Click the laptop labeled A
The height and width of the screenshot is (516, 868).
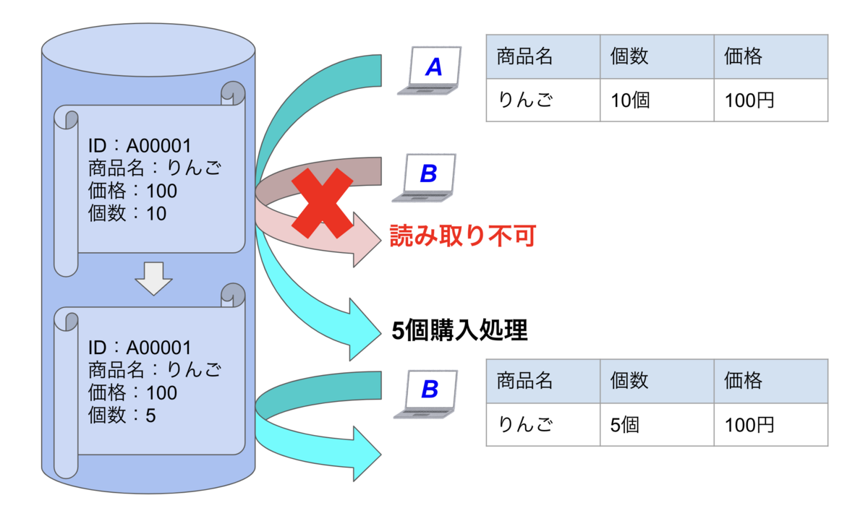coord(429,71)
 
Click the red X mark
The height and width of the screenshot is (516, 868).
coord(322,202)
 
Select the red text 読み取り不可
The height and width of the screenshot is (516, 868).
coord(462,236)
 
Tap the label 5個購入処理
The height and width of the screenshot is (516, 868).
coord(459,330)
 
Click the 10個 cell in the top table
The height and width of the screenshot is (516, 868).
coord(631,100)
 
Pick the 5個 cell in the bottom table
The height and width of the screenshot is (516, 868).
coord(625,424)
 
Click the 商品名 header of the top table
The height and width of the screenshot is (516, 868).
coord(524,57)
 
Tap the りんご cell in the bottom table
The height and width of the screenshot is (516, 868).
coord(525,424)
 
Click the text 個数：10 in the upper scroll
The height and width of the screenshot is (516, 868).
coord(127,214)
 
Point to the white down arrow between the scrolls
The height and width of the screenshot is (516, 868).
coord(153,278)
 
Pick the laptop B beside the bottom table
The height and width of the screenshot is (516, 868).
coord(427,395)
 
